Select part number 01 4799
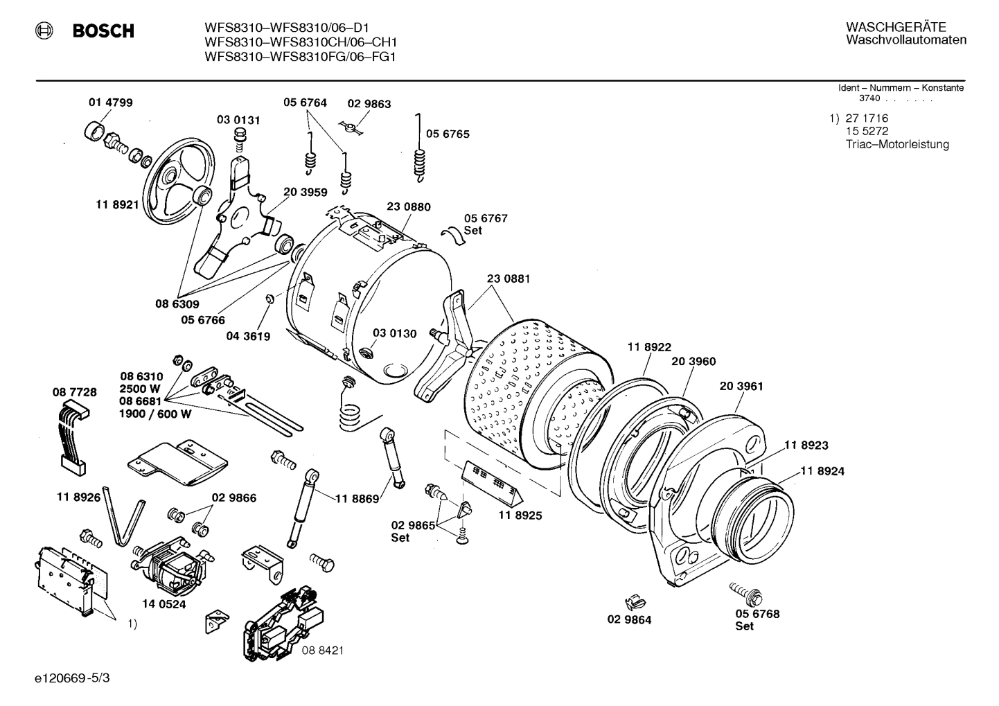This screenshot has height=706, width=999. (x=110, y=103)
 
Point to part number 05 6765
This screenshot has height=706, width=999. (x=447, y=134)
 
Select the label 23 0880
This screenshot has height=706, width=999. (x=408, y=206)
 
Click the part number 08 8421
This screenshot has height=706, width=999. (x=322, y=651)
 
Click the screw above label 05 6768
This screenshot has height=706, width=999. (x=745, y=592)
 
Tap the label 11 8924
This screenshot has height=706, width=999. (x=822, y=471)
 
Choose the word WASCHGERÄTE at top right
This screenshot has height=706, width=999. (x=895, y=27)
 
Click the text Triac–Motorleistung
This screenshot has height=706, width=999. (x=896, y=145)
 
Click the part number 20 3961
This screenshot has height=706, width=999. (x=741, y=386)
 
